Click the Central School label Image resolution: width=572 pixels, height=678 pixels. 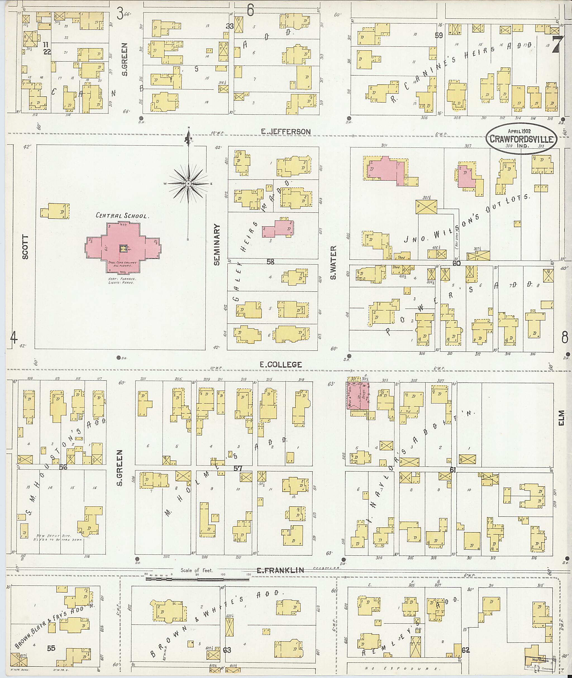pyautogui.click(x=122, y=215)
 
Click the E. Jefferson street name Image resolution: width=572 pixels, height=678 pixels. pyautogui.click(x=286, y=131)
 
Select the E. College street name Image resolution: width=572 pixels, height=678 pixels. pyautogui.click(x=281, y=365)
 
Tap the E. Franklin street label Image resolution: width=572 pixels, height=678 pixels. pyautogui.click(x=280, y=570)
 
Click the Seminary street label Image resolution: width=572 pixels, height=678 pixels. pyautogui.click(x=217, y=245)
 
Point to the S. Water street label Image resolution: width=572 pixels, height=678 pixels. pyautogui.click(x=334, y=262)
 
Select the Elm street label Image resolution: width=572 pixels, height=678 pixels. pyautogui.click(x=562, y=418)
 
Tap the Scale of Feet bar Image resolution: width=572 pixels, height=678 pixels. pyautogui.click(x=197, y=578)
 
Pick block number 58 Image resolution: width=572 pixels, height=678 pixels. pyautogui.click(x=270, y=262)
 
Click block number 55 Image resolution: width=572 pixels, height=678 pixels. pyautogui.click(x=51, y=648)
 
